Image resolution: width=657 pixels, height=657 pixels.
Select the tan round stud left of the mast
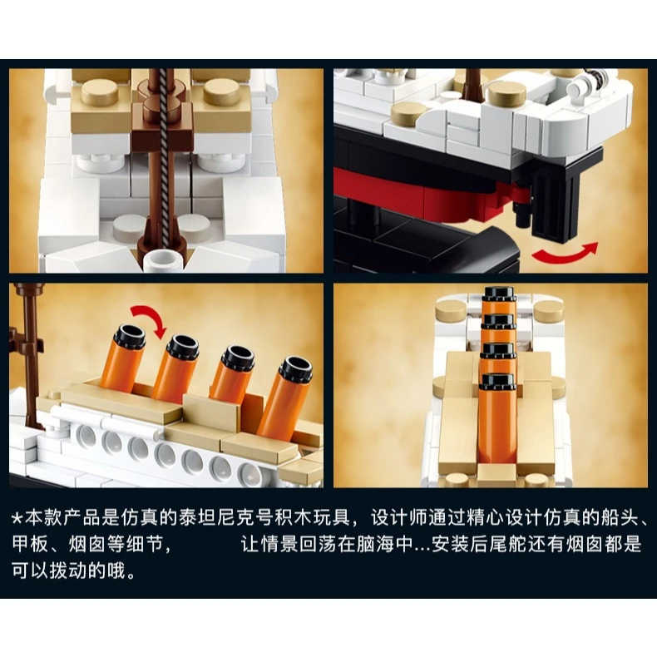[101, 91]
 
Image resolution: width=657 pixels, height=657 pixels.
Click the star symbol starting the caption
[17, 519]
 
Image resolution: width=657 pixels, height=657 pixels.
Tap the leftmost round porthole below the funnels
[86, 436]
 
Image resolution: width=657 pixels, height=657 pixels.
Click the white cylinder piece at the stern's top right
[578, 87]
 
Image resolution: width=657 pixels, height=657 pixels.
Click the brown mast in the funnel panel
[29, 356]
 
